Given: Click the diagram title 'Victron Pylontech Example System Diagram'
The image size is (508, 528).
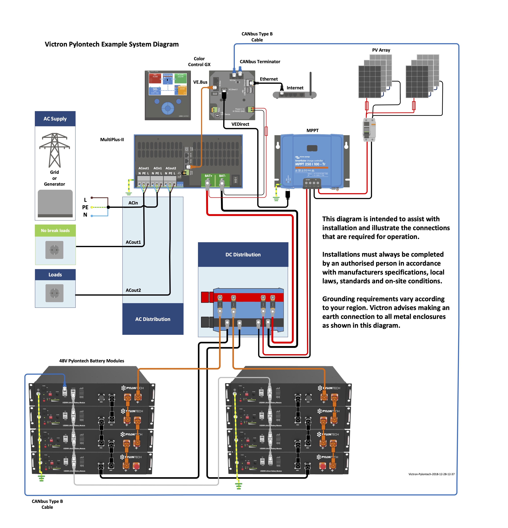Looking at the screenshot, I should [x=112, y=44].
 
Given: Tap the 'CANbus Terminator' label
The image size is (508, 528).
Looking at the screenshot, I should [x=260, y=62].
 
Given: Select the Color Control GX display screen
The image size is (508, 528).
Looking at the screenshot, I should [x=168, y=84].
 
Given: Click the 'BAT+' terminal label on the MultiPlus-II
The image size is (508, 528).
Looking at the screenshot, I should [x=208, y=176].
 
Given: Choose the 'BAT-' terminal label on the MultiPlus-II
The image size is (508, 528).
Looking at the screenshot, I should [x=222, y=176].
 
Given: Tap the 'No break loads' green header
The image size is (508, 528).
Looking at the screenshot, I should [x=55, y=231].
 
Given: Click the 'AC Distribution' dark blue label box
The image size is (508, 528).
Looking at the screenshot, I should [x=153, y=319].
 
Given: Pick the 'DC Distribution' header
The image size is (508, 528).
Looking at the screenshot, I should [x=243, y=255].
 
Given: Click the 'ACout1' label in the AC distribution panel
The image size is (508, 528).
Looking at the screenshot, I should [x=133, y=242].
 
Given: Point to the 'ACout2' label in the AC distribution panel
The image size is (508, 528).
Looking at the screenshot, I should [x=133, y=290].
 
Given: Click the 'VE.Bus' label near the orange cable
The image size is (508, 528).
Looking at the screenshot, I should [x=200, y=82].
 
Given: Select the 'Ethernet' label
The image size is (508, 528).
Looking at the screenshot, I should [x=269, y=79].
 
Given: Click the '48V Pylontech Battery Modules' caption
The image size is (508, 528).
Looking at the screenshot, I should [x=92, y=361].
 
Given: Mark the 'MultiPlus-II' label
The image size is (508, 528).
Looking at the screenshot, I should [x=112, y=140].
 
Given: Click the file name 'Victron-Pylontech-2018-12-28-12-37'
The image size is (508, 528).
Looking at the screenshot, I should [x=431, y=474].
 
